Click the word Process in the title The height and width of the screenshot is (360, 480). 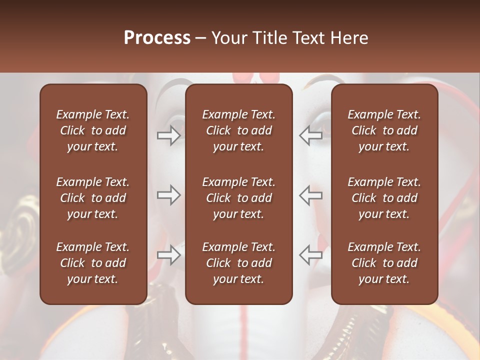tap(157, 38)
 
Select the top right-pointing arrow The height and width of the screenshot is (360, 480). tap(169, 135)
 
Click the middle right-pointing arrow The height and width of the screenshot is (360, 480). tap(169, 194)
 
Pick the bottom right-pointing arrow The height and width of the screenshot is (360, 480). tap(169, 254)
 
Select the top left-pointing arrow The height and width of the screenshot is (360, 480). tap(310, 135)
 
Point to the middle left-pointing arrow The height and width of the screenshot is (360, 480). tap(310, 194)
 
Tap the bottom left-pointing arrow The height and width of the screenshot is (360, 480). tap(310, 254)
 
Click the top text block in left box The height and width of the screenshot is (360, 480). tap(93, 130)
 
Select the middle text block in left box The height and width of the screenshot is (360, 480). tap(93, 198)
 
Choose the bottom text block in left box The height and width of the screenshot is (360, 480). tap(93, 263)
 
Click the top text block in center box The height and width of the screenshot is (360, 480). tap(239, 130)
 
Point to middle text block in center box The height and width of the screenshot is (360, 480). tap(239, 198)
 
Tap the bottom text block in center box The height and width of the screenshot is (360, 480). tap(239, 263)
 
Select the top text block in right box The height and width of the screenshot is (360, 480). tap(384, 130)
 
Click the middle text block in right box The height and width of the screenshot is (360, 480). tap(384, 198)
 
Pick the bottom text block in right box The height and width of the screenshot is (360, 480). tap(384, 263)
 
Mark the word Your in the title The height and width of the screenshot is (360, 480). tap(228, 38)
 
